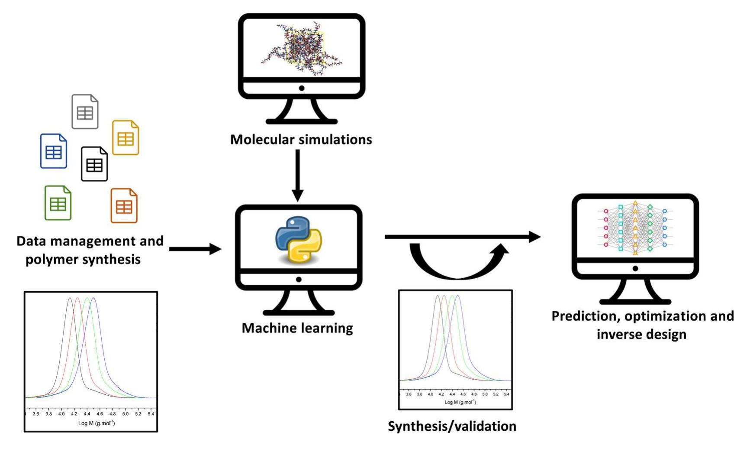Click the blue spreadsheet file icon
tap(54, 151)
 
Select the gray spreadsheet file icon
tap(85, 112)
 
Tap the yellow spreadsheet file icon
tap(126, 137)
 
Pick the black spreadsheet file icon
tap(94, 164)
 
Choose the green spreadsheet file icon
tap(58, 203)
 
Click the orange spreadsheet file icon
tap(124, 205)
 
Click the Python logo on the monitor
tap(299, 239)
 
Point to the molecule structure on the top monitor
tap(302, 49)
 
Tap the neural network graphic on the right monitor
tap(635, 228)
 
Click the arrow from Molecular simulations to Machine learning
tap(298, 176)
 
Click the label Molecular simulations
tap(301, 140)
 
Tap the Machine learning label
tap(297, 328)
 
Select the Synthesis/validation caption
tap(452, 426)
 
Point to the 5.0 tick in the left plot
tap(125, 414)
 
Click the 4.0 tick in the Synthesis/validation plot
tap(430, 394)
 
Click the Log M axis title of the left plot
tap(97, 423)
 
